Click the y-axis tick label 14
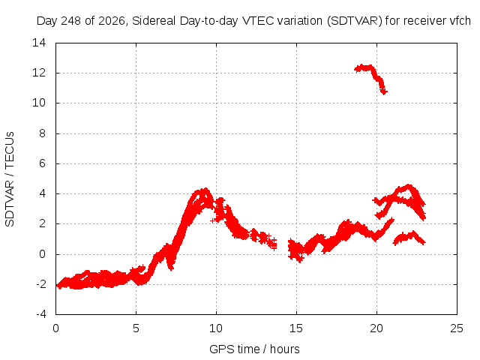[39, 43]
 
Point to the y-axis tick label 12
[39, 73]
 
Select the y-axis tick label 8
[42, 133]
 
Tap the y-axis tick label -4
[40, 314]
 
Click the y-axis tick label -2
[40, 284]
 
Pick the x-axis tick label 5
[136, 328]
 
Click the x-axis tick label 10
[216, 328]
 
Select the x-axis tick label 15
[296, 328]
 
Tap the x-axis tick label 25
[457, 328]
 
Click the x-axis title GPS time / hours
[254, 349]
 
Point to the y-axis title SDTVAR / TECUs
[10, 179]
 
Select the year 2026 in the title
[112, 21]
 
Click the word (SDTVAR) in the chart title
[355, 21]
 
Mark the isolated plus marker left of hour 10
[213, 220]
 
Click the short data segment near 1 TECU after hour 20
[409, 238]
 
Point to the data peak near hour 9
[205, 190]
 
